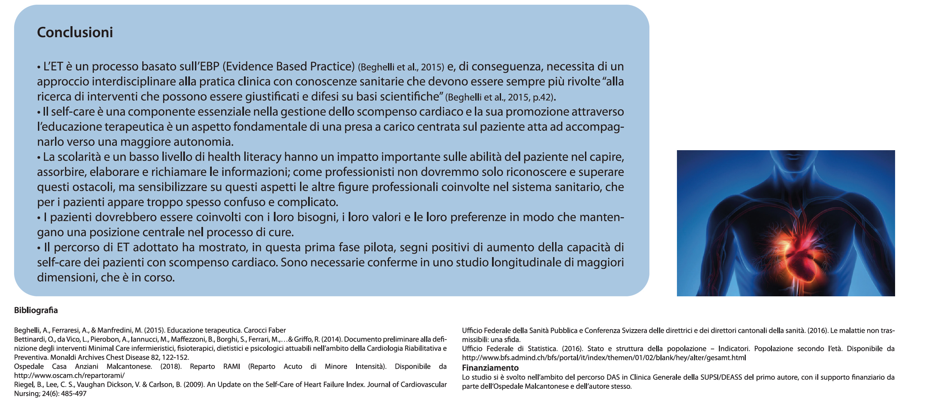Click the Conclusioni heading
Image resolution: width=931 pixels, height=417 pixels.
75,33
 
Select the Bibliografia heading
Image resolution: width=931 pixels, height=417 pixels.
36,310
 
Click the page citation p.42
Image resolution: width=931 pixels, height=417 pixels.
542,98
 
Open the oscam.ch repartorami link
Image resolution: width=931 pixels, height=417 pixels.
69,375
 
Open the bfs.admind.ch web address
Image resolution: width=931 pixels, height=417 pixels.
603,358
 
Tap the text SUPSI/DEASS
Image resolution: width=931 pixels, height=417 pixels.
721,377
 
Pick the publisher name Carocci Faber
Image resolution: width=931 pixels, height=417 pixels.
264,331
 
